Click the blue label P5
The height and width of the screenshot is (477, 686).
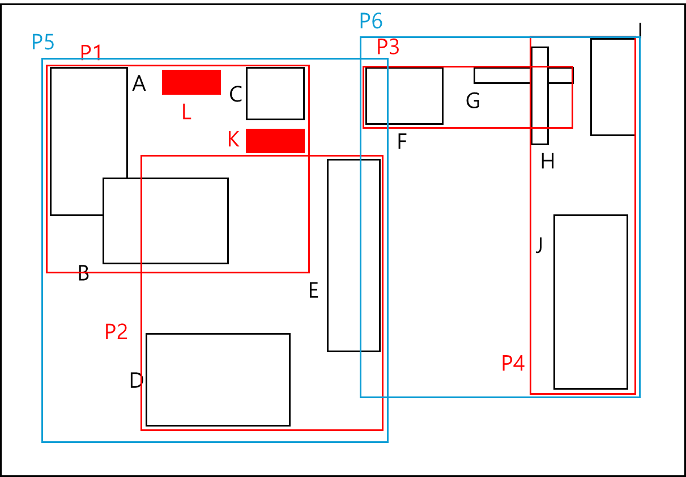(x=43, y=42)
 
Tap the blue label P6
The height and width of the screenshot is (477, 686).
(x=371, y=22)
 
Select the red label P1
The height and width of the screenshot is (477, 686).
(x=91, y=52)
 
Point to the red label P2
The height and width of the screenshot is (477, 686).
(x=116, y=332)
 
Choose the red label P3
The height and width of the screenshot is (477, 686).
(x=388, y=47)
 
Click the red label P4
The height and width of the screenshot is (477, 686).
(x=513, y=363)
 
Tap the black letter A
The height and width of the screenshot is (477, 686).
(x=139, y=85)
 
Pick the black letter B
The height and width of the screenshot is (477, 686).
(x=83, y=274)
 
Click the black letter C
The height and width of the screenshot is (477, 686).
(x=236, y=95)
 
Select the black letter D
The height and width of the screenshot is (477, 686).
(x=136, y=381)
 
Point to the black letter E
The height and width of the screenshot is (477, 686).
(x=313, y=291)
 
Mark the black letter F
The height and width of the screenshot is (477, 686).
(x=402, y=142)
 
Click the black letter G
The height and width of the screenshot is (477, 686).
(x=473, y=102)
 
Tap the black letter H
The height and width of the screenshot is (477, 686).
(x=547, y=162)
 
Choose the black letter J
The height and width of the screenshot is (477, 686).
(x=539, y=245)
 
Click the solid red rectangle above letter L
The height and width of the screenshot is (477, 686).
(x=191, y=82)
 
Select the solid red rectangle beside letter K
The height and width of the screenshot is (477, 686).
(x=275, y=141)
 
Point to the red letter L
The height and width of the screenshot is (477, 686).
(x=186, y=112)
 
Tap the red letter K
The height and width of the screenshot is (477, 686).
(x=233, y=140)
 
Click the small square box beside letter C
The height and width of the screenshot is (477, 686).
(x=275, y=94)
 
